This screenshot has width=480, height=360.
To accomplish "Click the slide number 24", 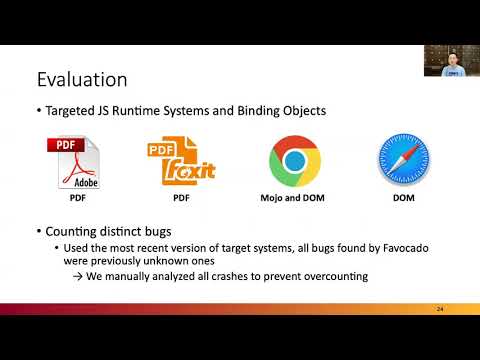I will (x=440, y=309).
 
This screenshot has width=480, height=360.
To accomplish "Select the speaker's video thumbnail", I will (x=449, y=61).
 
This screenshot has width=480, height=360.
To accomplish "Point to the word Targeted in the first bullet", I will (x=76, y=110).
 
